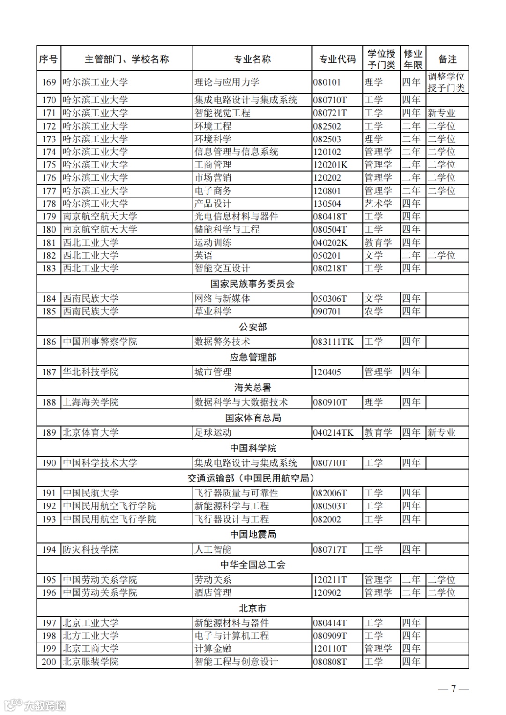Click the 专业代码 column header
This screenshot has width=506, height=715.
click(337, 59)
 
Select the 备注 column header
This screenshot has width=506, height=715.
click(447, 59)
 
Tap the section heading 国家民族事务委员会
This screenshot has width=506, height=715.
click(253, 284)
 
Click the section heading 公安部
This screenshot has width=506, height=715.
click(253, 327)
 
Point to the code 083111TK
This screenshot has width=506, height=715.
click(333, 342)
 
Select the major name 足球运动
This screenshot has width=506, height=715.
click(213, 432)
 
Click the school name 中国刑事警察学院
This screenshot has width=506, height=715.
click(100, 342)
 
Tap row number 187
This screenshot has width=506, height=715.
click(49, 372)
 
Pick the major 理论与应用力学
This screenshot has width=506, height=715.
click(227, 82)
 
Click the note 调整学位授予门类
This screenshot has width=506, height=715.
click(446, 82)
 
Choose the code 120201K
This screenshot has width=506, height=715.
click(330, 165)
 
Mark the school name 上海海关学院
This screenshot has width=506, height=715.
click(90, 402)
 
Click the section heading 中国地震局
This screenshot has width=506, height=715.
click(253, 534)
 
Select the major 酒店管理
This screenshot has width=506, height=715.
click(213, 592)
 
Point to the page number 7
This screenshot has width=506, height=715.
click(453, 688)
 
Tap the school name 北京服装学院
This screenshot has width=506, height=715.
click(90, 662)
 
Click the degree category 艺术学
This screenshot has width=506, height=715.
click(378, 204)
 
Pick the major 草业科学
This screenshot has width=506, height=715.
click(213, 311)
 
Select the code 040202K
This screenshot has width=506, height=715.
click(330, 242)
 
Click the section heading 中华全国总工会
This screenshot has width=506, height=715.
click(253, 564)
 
